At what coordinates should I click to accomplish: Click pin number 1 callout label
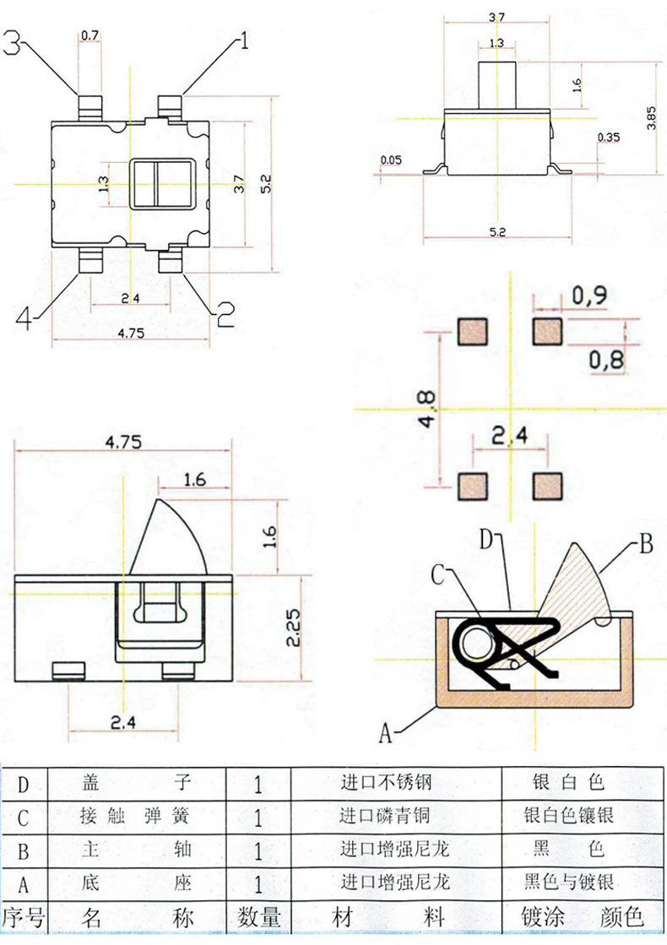pos(245,40)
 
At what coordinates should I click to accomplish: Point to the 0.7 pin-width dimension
pos(89,35)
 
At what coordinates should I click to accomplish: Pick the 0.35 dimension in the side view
pos(608,138)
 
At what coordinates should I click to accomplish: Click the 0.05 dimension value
pos(391,160)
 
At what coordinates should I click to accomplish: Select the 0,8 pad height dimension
pos(605,361)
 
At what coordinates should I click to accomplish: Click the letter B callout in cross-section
pos(645,543)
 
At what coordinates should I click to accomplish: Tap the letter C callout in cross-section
pos(438,575)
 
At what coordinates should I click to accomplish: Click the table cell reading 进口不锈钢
pos(385,783)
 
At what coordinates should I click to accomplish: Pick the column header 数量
pos(258,917)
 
